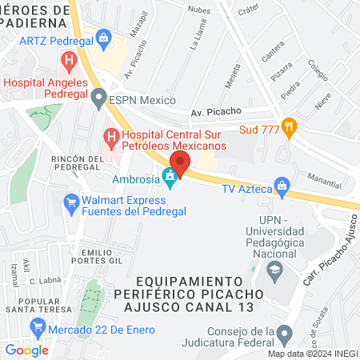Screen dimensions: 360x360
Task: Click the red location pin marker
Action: coord(180,164)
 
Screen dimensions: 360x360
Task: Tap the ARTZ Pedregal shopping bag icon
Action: coord(103,37)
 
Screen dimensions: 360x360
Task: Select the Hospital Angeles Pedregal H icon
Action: coord(70,60)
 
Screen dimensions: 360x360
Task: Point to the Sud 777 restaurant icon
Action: coord(289,126)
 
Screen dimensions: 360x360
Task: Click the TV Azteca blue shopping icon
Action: coord(281,185)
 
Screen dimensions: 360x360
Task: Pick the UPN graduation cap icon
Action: coord(274,270)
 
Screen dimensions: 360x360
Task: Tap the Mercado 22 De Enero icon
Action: coord(38,326)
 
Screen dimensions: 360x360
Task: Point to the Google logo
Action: coord(27,350)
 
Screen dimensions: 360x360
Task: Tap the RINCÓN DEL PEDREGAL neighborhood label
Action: coord(78,163)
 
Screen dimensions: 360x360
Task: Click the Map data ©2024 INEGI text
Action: coord(312,354)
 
